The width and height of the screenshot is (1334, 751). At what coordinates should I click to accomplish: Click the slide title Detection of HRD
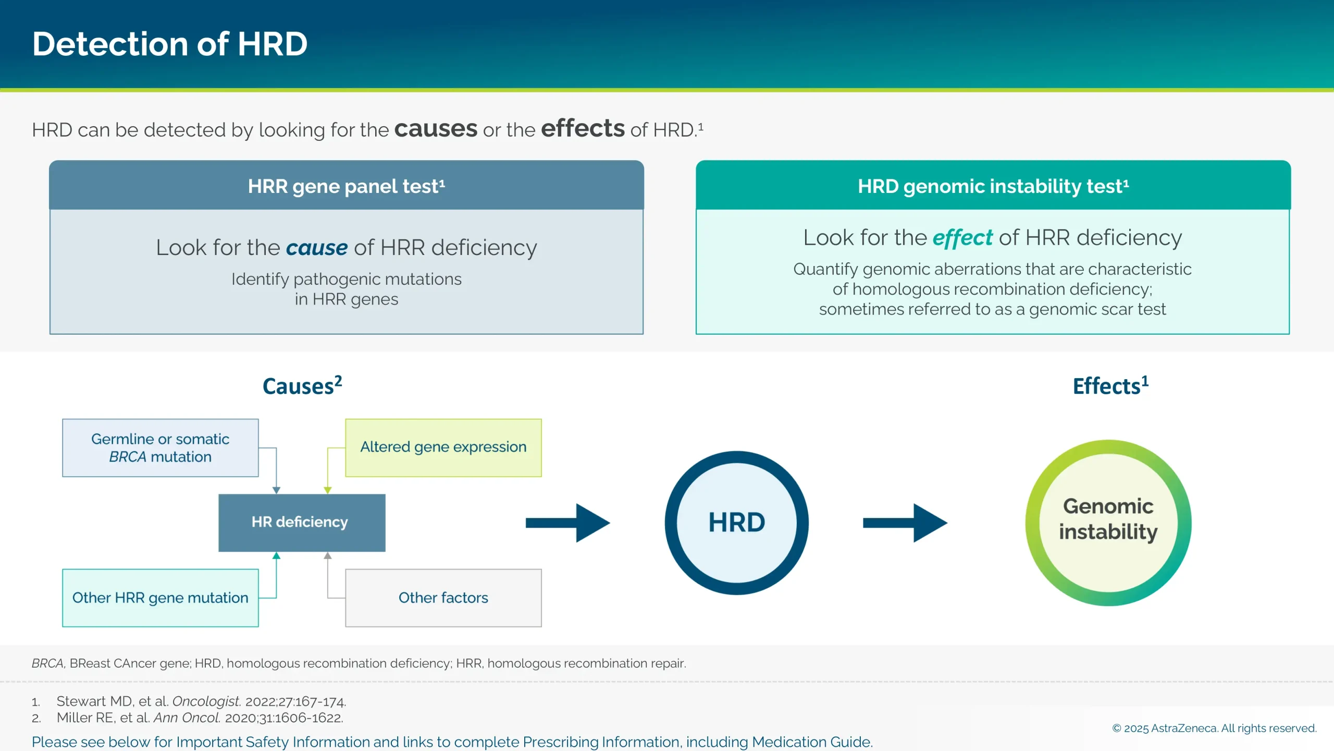pos(170,44)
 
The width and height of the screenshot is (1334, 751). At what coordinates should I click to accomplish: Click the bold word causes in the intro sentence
pos(436,129)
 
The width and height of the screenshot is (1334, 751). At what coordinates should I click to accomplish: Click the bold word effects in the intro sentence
pos(583,129)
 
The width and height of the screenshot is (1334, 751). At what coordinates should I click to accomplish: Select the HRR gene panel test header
pos(347,186)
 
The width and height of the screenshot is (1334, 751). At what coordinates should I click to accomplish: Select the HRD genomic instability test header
pos(993,186)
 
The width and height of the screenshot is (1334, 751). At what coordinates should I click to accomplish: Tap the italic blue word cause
pos(317,248)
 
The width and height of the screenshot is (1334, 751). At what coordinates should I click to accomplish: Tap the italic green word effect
pos(962,238)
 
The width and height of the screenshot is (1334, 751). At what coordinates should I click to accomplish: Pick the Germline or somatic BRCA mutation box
pos(160,448)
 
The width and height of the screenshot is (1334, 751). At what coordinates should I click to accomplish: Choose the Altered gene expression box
pos(443,448)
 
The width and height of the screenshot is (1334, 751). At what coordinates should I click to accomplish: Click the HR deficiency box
pos(302,523)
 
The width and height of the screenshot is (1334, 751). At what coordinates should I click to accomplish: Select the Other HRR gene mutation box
pos(160,598)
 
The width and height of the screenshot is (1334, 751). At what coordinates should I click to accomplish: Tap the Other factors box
pos(443,598)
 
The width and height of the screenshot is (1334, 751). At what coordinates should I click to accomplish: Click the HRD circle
pos(736,523)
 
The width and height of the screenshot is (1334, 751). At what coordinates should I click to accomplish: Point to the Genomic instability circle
pos(1108,523)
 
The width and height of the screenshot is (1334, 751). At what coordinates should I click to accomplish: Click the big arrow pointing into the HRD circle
pos(568,523)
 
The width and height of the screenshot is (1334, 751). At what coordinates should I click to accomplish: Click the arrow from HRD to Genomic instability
pos(905,523)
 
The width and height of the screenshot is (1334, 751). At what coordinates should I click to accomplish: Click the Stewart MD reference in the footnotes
pos(201,701)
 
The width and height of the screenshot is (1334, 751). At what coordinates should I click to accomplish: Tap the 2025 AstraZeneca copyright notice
pos(1214,728)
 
